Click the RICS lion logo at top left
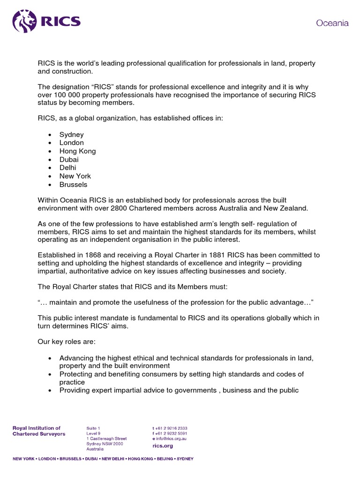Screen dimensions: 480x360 [24, 21]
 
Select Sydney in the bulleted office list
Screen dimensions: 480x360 [71, 135]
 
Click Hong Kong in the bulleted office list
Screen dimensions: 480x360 [77, 151]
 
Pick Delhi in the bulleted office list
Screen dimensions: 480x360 [67, 167]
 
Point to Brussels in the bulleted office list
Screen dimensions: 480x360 [73, 184]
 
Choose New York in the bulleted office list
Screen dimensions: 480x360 [75, 176]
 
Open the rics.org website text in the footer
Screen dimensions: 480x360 [162, 446]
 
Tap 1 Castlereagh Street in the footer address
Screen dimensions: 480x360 [106, 439]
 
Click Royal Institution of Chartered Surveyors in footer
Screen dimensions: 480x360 [39, 431]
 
